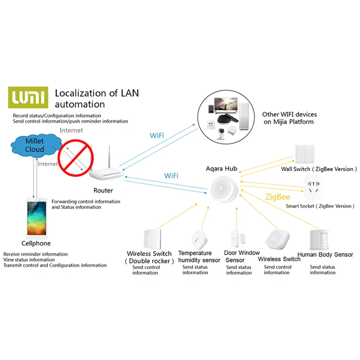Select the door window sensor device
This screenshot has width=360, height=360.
(234, 238)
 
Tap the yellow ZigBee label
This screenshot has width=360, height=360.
(278, 197)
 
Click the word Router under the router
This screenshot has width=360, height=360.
(103, 190)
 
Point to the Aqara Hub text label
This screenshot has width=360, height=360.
(221, 169)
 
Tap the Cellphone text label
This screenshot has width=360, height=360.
(36, 243)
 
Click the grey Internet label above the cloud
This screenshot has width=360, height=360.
(71, 130)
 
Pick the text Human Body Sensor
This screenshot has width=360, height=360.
(325, 255)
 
